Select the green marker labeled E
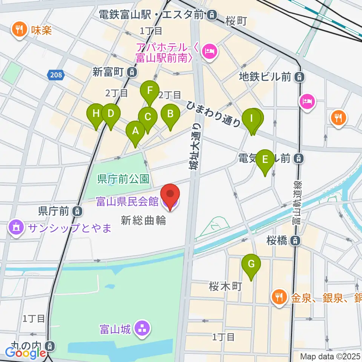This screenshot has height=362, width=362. (265, 160)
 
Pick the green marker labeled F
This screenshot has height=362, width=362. (150, 91)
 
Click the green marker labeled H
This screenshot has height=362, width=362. (96, 114)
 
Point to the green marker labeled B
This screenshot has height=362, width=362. (170, 114)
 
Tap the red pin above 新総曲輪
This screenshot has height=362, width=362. (170, 195)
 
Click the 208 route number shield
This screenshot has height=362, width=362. (55, 75)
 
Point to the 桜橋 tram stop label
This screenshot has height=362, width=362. (278, 240)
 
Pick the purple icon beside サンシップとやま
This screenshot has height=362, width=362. (15, 228)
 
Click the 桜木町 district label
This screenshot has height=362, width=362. (224, 287)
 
